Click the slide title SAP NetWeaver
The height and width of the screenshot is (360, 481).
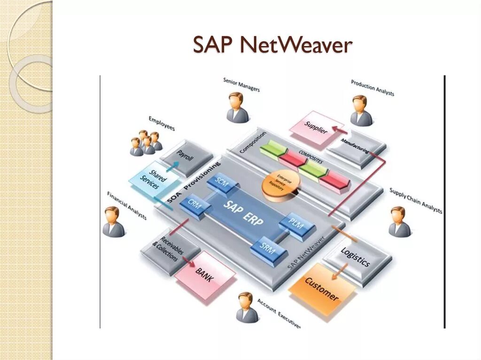click(272, 45)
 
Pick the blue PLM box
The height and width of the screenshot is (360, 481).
click(296, 225)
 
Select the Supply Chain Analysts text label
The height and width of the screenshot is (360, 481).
click(416, 200)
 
